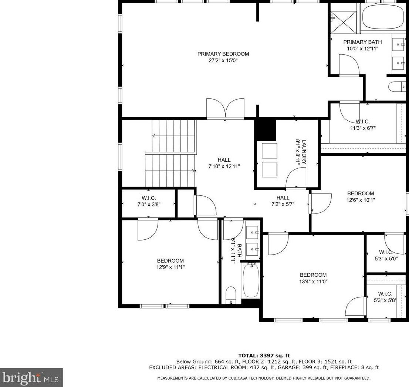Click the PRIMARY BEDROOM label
pos(223,54)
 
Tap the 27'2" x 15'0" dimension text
pos(223,61)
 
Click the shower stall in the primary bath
pos(344,18)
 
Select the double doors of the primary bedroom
pos(225,108)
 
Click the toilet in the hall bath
pos(231,295)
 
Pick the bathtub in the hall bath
pos(251,280)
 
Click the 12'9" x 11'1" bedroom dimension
pos(170,267)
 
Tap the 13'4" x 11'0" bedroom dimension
pos(313,281)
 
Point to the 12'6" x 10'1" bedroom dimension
pos(361,200)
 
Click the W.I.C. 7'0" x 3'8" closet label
pos(149,201)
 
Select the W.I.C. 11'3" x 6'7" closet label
pos(362,125)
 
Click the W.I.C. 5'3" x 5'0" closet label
pos(385,255)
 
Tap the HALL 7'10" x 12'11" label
pos(224,163)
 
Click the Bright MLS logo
pos(31,377)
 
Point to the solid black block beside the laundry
pos(266,129)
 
